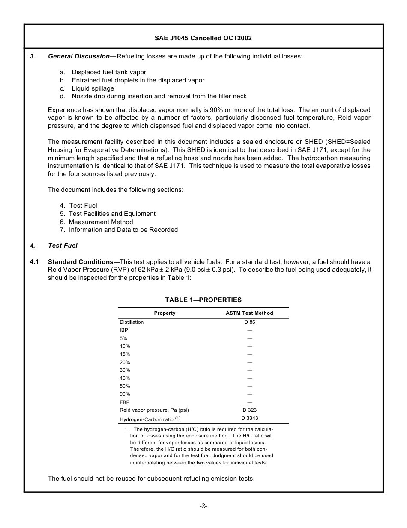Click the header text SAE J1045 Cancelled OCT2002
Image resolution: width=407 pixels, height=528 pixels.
[203, 38]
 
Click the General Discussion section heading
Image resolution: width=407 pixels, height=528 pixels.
[79, 56]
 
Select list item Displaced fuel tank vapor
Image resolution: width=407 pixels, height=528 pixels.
[109, 73]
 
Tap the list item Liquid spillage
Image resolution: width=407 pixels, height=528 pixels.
[93, 88]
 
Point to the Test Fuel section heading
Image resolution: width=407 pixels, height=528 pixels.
[63, 246]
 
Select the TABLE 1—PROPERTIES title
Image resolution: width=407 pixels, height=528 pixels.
[203, 300]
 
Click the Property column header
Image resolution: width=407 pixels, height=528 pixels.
[165, 313]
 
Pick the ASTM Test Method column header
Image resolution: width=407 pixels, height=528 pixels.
[249, 313]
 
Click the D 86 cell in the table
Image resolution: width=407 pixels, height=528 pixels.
[250, 322]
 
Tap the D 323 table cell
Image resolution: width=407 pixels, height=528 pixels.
[250, 410]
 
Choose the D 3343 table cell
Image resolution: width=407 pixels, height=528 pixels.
[250, 418]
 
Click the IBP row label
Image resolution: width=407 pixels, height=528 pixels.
[124, 330]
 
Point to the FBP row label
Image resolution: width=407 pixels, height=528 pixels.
[124, 402]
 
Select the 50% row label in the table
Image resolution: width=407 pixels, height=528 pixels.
[125, 386]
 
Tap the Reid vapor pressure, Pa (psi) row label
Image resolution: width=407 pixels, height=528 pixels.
[154, 410]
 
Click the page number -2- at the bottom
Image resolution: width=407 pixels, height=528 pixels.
[203, 506]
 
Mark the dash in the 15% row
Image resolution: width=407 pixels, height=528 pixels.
[250, 354]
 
